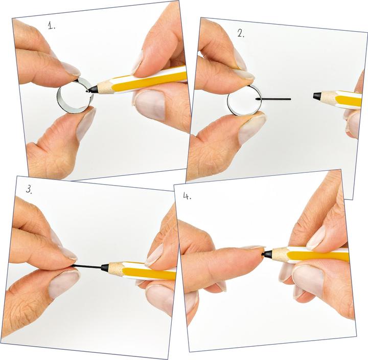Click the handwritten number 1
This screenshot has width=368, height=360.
click(x=52, y=25)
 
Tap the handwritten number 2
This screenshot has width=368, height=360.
click(x=241, y=34)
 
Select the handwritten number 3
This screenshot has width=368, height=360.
click(x=29, y=189)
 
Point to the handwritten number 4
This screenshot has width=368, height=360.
click(x=187, y=196)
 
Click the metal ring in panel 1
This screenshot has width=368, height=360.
click(x=58, y=99)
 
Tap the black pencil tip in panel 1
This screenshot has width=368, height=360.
click(x=92, y=89)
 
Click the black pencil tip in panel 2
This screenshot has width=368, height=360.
click(x=317, y=96)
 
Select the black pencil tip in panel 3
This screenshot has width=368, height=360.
click(x=105, y=267)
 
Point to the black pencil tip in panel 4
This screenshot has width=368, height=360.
click(x=267, y=254)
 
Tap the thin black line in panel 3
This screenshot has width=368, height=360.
click(x=87, y=266)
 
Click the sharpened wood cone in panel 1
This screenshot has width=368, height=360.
click(x=105, y=87)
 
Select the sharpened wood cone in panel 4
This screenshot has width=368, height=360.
click(x=280, y=254)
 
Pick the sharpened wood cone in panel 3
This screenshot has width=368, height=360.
click(x=117, y=268)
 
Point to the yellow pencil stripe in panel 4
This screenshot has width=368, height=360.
click(x=318, y=256)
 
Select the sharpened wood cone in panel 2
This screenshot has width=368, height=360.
click(x=330, y=98)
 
